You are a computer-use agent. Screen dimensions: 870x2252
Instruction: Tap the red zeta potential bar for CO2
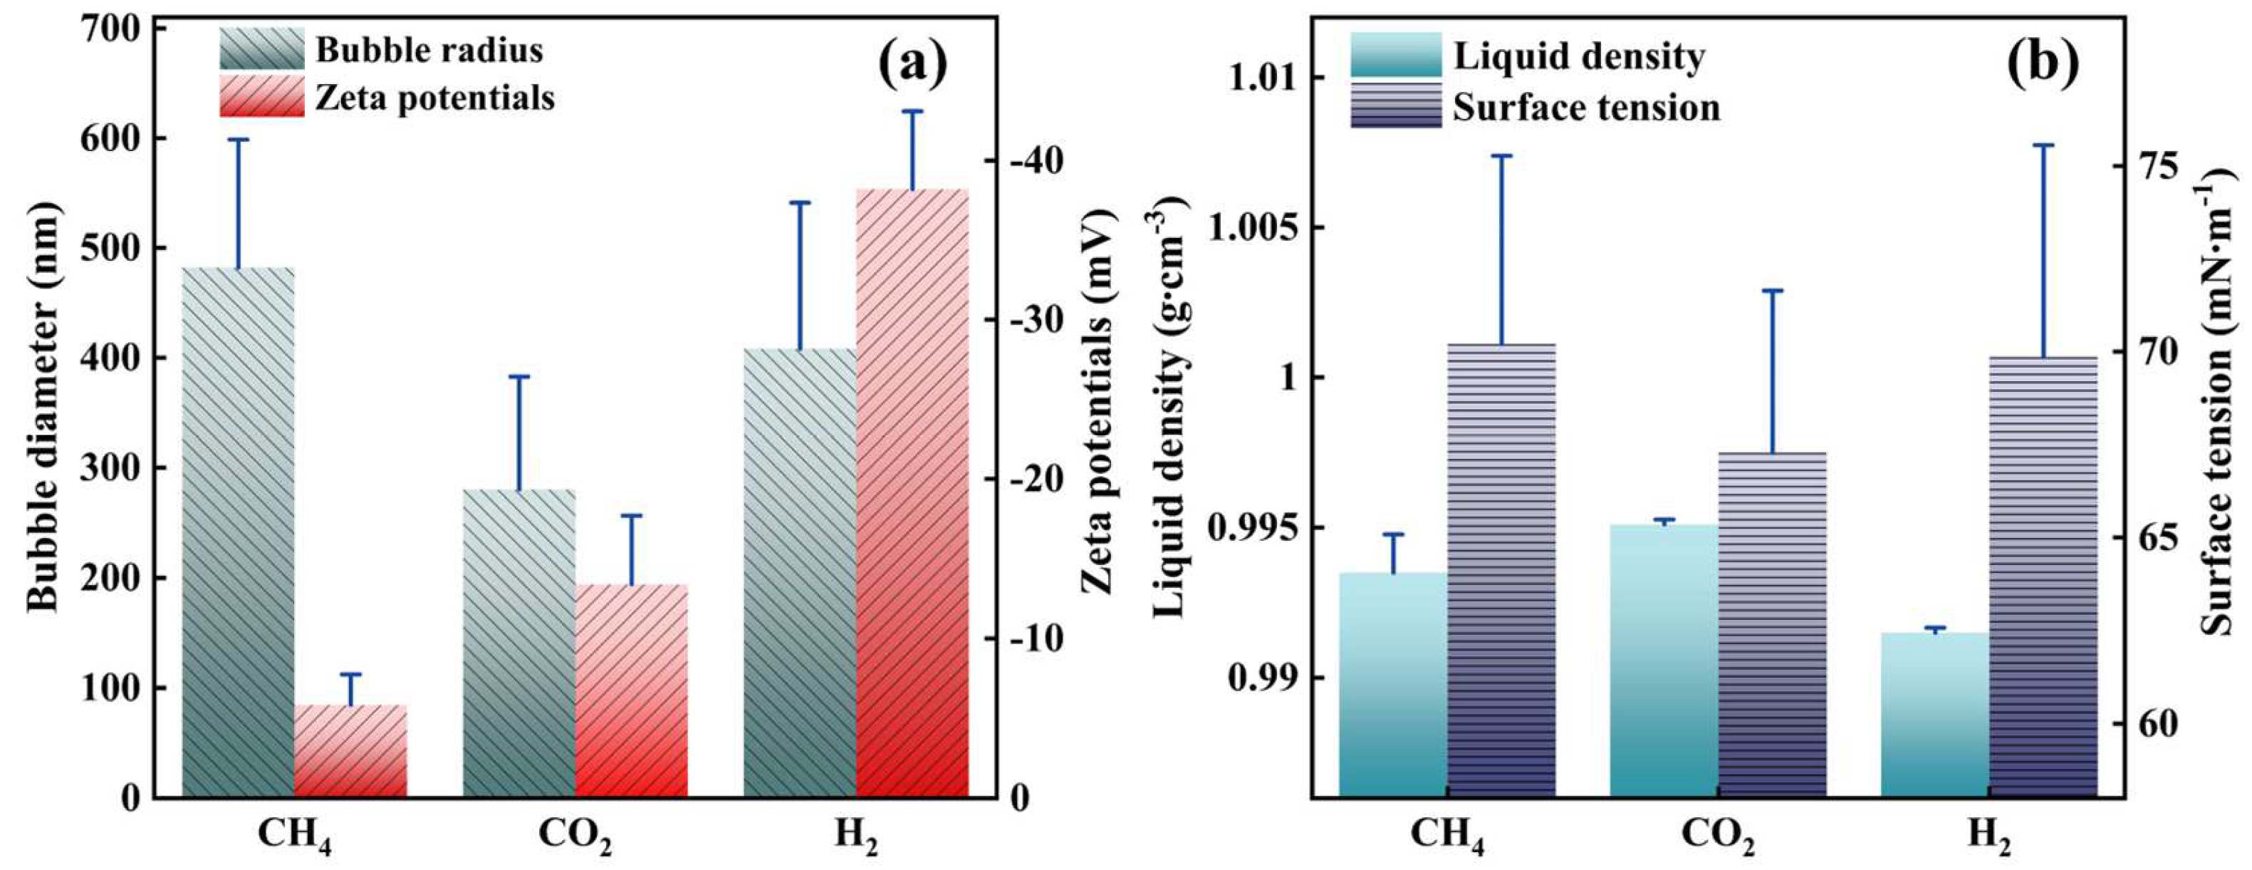pyautogui.click(x=631, y=690)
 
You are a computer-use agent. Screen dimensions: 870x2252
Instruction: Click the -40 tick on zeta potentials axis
pyautogui.click(x=1037, y=161)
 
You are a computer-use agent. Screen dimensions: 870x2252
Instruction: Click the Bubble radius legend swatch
pyautogui.click(x=261, y=49)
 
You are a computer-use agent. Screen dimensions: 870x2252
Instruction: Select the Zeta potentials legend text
pyautogui.click(x=434, y=98)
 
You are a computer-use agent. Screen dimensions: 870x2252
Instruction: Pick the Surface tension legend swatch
pyautogui.click(x=1395, y=105)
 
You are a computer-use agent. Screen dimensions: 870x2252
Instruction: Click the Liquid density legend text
pyautogui.click(x=1579, y=56)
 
